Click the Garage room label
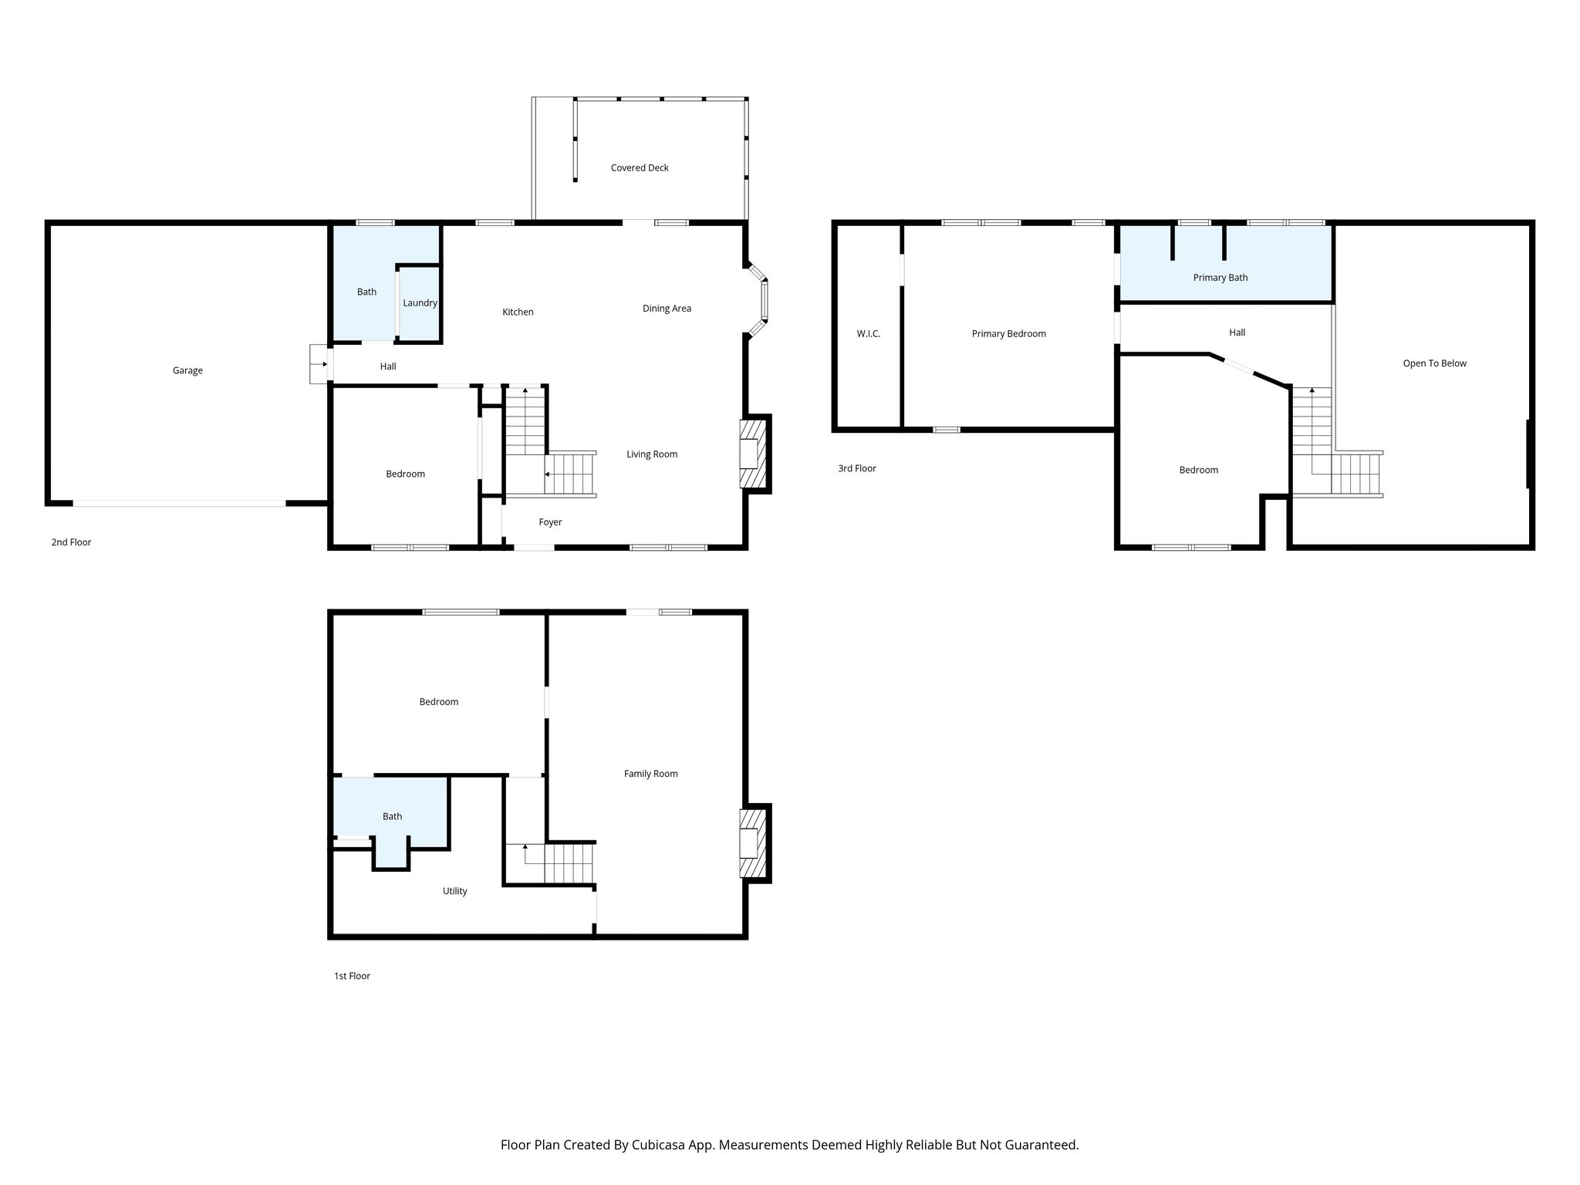[x=187, y=370]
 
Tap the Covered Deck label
[x=640, y=167]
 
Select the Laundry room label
[x=420, y=302]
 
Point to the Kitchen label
[x=518, y=312]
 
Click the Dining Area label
[x=667, y=309]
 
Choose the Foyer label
[x=550, y=522]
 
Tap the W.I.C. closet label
[x=868, y=334]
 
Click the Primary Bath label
[x=1220, y=278]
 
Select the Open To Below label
[x=1434, y=363]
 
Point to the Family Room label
[x=650, y=774]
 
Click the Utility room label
[x=454, y=891]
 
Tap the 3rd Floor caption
[x=857, y=468]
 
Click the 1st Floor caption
[x=352, y=976]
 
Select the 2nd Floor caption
[x=71, y=542]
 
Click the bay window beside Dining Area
[x=763, y=300]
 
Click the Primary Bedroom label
[x=1008, y=334]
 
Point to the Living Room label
[x=651, y=454]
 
